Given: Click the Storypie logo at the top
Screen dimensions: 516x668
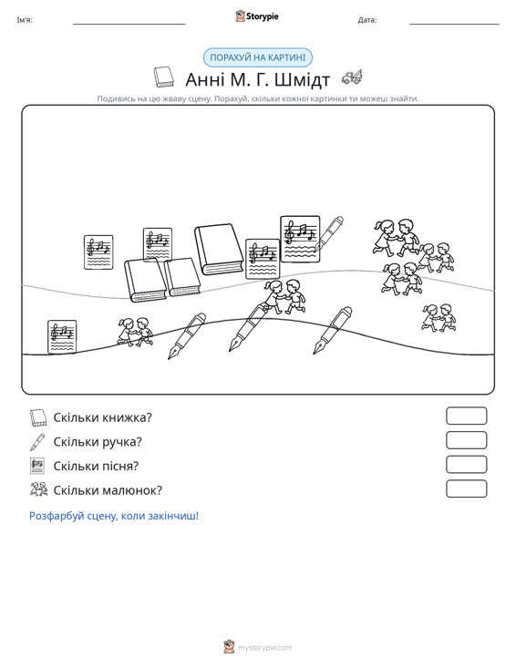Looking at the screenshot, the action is point(257,16).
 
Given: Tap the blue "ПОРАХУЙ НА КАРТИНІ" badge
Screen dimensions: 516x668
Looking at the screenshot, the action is point(257,57).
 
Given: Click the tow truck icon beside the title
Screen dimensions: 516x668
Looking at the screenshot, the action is point(352,77).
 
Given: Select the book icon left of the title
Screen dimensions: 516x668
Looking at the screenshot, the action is point(163,77).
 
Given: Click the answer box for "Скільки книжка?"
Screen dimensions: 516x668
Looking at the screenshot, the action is point(466,416).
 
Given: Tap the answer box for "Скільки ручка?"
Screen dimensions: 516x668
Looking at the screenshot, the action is point(466,440).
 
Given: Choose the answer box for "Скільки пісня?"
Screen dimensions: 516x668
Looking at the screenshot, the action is point(466,465).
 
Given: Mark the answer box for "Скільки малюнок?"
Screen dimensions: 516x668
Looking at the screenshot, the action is point(466,488).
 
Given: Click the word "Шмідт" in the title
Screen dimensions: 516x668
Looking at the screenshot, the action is point(302,79).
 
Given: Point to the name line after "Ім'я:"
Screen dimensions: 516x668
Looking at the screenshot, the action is point(129,24).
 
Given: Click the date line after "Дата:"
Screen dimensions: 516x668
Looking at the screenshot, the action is point(454,24).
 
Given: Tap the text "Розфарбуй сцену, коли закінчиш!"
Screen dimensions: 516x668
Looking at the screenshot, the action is point(114,516).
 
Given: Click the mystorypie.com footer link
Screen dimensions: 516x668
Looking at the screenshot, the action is point(264,648).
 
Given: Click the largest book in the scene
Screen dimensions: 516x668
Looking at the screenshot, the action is point(219,249).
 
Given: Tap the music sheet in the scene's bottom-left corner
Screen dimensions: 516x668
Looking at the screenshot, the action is point(62,337).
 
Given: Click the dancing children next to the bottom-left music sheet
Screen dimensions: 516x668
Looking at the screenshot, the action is point(135,332).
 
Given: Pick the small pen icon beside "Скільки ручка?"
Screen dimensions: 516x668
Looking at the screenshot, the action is point(37,442).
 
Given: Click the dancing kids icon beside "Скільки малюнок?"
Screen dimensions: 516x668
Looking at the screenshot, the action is point(39,489).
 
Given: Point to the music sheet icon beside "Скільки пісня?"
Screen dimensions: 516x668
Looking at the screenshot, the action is point(37,466).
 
